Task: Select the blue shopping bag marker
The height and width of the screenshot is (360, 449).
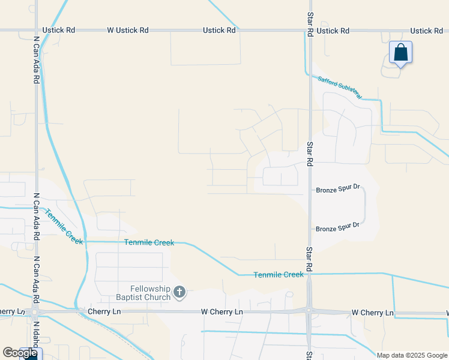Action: tap(400, 53)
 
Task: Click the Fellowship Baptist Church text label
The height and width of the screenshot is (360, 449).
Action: tap(143, 293)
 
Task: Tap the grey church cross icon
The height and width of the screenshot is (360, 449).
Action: tap(179, 293)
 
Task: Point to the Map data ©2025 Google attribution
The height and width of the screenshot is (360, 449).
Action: tap(412, 355)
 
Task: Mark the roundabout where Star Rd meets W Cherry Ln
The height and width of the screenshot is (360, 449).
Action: tap(309, 310)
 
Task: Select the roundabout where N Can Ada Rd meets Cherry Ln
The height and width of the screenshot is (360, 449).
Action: tap(35, 312)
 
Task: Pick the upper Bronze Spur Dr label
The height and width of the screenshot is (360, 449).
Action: tap(337, 190)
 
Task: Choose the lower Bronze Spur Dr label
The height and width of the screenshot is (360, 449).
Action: tap(337, 227)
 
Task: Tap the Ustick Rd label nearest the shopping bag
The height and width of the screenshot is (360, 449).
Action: tap(426, 31)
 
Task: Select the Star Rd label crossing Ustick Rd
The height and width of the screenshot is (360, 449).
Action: tap(310, 24)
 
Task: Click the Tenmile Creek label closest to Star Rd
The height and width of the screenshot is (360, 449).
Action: tap(279, 274)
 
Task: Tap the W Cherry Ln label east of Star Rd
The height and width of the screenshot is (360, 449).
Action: tap(372, 313)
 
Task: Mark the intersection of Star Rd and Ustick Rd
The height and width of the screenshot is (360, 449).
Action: tap(310, 31)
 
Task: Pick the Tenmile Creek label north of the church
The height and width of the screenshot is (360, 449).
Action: tap(149, 242)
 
